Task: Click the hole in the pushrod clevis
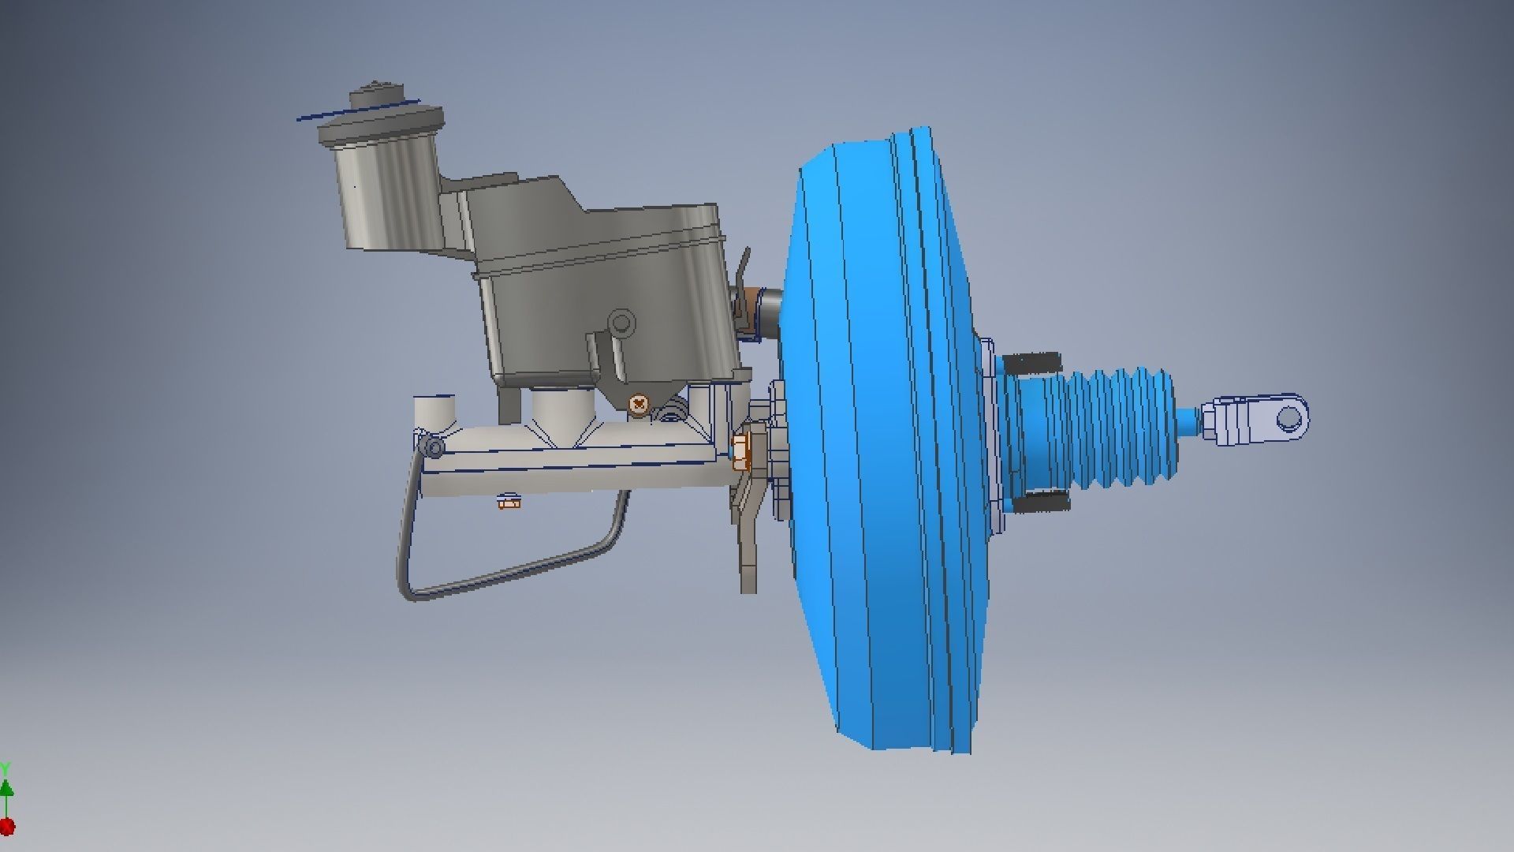(1288, 417)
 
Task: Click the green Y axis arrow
(6, 787)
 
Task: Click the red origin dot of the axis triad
(6, 827)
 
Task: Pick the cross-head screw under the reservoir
(639, 405)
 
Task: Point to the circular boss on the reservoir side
(622, 322)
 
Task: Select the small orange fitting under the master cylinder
(510, 501)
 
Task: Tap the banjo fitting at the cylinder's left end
(433, 448)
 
